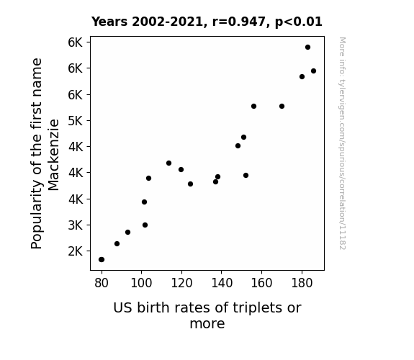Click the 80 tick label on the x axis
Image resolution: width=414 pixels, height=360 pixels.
point(102,284)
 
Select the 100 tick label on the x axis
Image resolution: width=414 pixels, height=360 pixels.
point(141,284)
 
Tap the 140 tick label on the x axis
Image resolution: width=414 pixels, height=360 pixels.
point(222,284)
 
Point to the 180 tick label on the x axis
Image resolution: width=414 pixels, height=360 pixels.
point(302,284)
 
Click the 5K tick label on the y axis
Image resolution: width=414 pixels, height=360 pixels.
point(76,121)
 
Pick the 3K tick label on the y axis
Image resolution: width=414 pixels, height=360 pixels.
point(76,225)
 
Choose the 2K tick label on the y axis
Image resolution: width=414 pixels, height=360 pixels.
point(76,251)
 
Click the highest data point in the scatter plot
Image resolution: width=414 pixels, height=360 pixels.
point(307,48)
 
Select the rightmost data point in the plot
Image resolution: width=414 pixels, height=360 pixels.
point(313,71)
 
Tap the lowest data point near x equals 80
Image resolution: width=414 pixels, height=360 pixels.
point(102,260)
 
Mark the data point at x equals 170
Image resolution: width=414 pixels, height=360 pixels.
point(282,106)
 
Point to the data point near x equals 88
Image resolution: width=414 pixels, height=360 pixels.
point(117,243)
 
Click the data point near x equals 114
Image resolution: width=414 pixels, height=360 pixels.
point(168,163)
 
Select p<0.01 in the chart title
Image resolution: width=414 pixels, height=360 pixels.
point(299,22)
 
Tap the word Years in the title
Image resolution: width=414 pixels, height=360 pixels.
point(109,22)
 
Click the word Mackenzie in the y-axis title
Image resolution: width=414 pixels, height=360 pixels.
point(53,155)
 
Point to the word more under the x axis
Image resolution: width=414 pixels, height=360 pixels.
point(207,324)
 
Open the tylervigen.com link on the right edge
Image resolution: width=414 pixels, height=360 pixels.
point(342,143)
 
